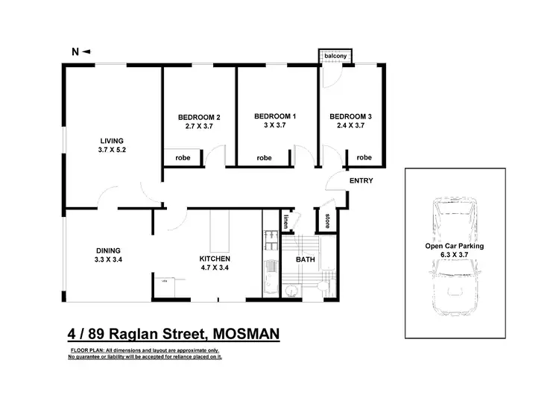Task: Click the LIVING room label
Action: click(113, 140)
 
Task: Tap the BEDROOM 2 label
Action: click(199, 117)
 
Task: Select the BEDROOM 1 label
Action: click(275, 116)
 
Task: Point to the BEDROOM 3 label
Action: click(350, 116)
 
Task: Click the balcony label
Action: click(335, 56)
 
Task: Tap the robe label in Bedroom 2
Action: click(183, 158)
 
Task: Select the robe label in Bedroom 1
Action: click(264, 158)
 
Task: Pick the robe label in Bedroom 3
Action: click(364, 157)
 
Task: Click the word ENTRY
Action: click(361, 180)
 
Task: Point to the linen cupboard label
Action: click(287, 221)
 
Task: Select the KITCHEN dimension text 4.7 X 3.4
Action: click(214, 268)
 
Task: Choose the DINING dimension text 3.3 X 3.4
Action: click(108, 260)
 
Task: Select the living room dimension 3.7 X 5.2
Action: click(113, 150)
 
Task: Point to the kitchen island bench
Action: click(219, 231)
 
